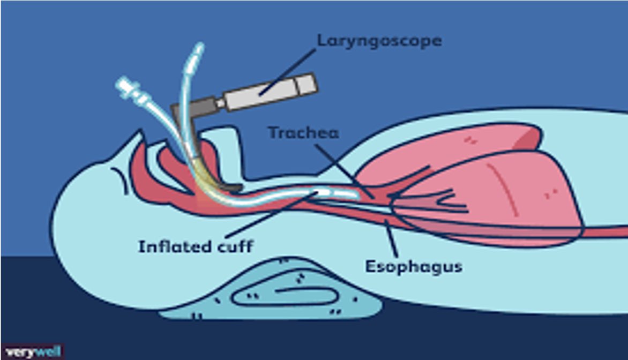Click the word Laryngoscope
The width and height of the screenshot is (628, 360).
pyautogui.click(x=379, y=41)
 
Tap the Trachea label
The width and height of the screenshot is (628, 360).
pyautogui.click(x=303, y=132)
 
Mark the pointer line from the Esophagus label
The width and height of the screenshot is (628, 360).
pyautogui.click(x=391, y=236)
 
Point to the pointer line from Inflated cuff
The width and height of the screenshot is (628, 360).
pyautogui.click(x=268, y=214)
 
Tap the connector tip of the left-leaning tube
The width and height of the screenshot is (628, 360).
pyautogui.click(x=122, y=84)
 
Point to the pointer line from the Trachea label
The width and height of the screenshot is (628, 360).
pyautogui.click(x=343, y=166)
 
